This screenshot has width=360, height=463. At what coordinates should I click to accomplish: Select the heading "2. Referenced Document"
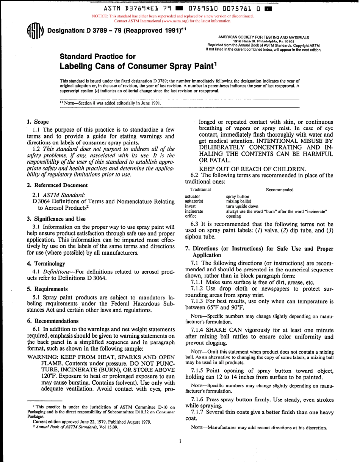click(x=57, y=185)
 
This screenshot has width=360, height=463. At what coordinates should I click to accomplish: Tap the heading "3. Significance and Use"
click(x=56, y=219)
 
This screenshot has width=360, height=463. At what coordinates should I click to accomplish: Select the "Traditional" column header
click(x=200, y=190)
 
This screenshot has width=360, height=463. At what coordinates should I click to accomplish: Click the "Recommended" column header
click(x=280, y=190)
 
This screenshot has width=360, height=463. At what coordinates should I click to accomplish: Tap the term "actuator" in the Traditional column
click(x=193, y=196)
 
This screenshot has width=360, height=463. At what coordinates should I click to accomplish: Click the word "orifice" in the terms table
click(x=191, y=216)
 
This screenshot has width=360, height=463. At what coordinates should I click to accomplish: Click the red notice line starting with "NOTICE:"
click(x=173, y=16)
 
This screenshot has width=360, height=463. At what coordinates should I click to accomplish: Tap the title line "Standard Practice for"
click(x=98, y=57)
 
